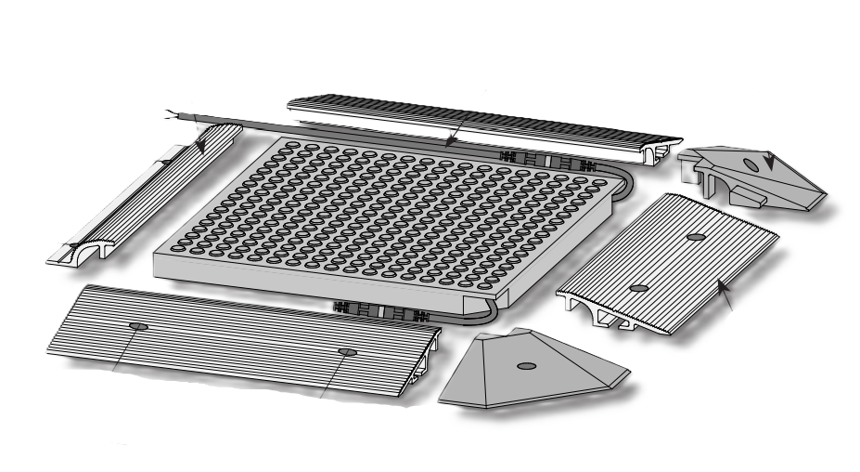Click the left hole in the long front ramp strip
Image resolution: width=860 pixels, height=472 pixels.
pyautogui.click(x=139, y=326)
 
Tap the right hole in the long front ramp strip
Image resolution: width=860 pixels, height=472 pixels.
pyautogui.click(x=348, y=351)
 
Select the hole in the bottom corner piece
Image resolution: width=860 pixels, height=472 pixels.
pyautogui.click(x=524, y=366)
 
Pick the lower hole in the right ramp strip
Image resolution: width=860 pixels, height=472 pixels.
pyautogui.click(x=638, y=289)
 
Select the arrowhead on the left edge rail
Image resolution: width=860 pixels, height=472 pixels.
pyautogui.click(x=199, y=146)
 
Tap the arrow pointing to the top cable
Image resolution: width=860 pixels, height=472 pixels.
pyautogui.click(x=449, y=141)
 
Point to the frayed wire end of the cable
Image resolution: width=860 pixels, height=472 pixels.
pyautogui.click(x=169, y=114)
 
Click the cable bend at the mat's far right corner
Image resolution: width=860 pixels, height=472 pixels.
pyautogui.click(x=620, y=176)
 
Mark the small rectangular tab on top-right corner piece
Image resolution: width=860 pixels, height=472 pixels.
pyautogui.click(x=751, y=198)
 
